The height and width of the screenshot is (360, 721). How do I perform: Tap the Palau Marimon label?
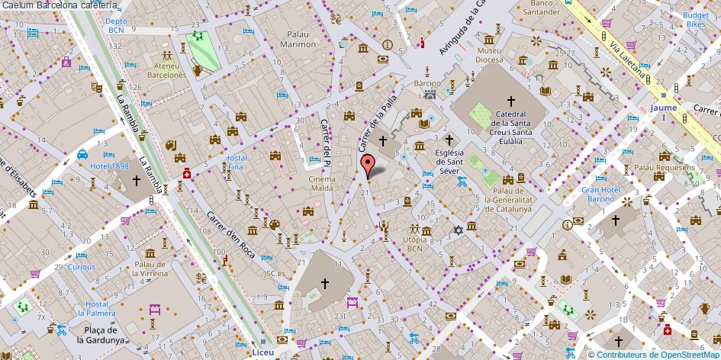(301, 40)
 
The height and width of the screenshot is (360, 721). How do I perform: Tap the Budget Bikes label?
(695, 20)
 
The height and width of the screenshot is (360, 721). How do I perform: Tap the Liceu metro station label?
(262, 354)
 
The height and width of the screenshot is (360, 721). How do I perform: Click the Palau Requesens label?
(664, 167)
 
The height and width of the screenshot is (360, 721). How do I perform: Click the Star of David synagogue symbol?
(459, 229)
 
